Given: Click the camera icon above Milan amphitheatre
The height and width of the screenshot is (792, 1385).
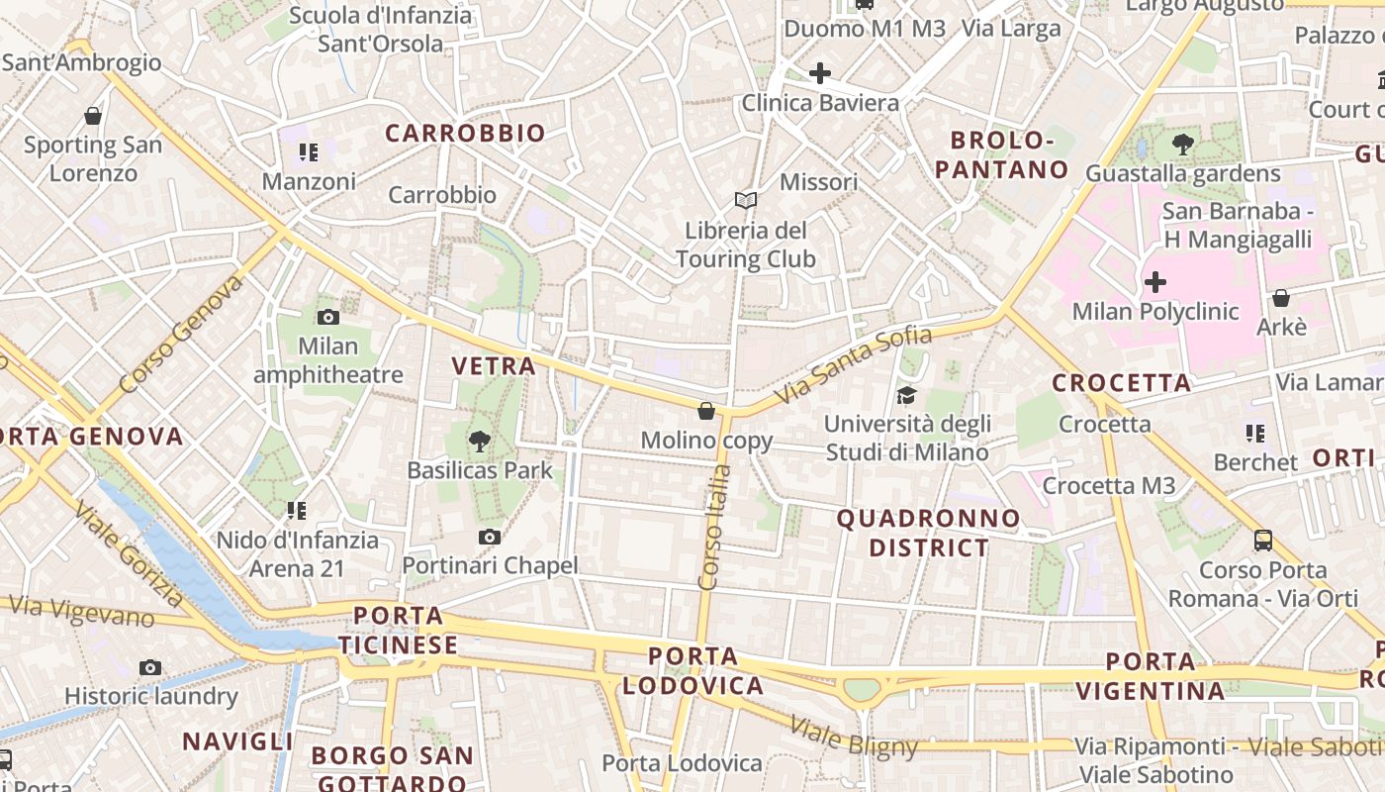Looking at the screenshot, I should point(328,317).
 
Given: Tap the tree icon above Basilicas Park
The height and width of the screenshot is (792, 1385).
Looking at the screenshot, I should point(480,441).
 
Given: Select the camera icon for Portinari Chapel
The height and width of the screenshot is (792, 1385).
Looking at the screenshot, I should point(489,537).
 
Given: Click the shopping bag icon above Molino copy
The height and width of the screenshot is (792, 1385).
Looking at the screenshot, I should point(706,410).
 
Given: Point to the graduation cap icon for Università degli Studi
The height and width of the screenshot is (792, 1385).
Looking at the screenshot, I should point(906,396).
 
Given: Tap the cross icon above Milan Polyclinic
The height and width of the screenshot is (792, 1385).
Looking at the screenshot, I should point(1154,283).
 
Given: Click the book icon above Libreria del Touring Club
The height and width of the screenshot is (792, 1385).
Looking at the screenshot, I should point(745,200).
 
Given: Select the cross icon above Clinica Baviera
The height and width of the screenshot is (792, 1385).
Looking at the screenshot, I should point(819,72).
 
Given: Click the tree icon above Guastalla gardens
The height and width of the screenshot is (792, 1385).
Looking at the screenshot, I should point(1182,145).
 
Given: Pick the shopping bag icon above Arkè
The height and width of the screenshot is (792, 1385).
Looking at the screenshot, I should point(1280,297).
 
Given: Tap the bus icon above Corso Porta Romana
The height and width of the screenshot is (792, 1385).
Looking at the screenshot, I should point(1263,540).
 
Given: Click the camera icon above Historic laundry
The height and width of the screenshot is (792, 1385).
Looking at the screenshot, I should point(150,667).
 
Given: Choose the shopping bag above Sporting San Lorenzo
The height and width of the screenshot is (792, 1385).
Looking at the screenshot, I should point(93,116).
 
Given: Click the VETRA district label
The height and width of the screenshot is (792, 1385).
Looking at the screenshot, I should point(493,365).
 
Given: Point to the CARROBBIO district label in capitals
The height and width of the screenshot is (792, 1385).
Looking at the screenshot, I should point(465,133).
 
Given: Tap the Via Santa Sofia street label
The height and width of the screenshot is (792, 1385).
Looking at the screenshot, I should point(853,363).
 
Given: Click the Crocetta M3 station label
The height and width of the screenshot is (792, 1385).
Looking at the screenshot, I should point(1108,485).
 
